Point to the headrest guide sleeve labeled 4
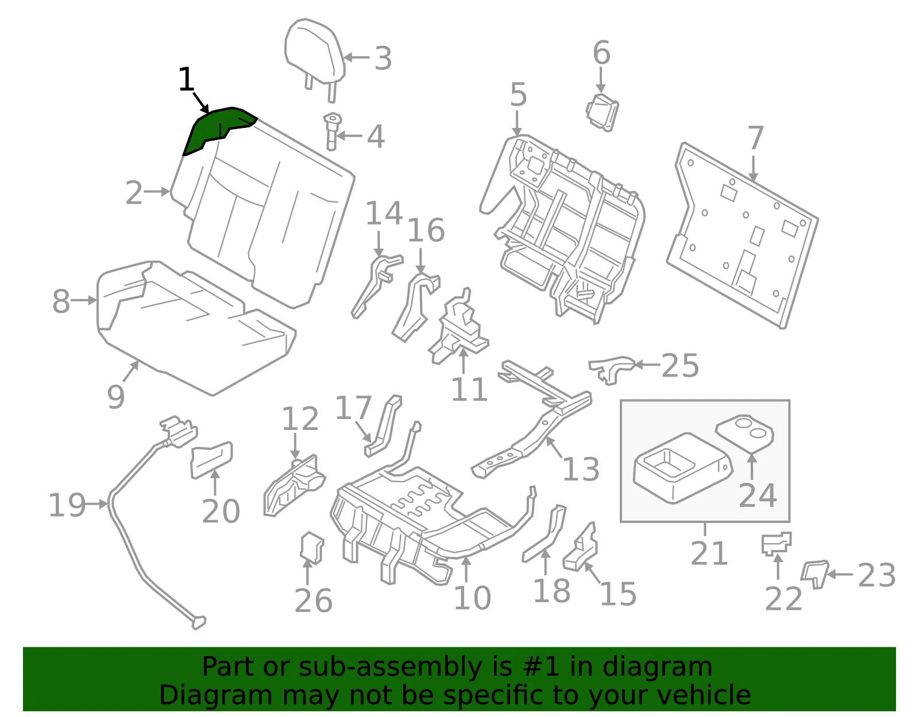332,131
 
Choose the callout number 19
67,505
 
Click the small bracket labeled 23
814,573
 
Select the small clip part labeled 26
312,548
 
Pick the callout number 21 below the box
709,553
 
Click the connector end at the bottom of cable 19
198,622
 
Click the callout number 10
472,598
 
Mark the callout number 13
581,469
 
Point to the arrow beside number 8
84,300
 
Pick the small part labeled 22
777,544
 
